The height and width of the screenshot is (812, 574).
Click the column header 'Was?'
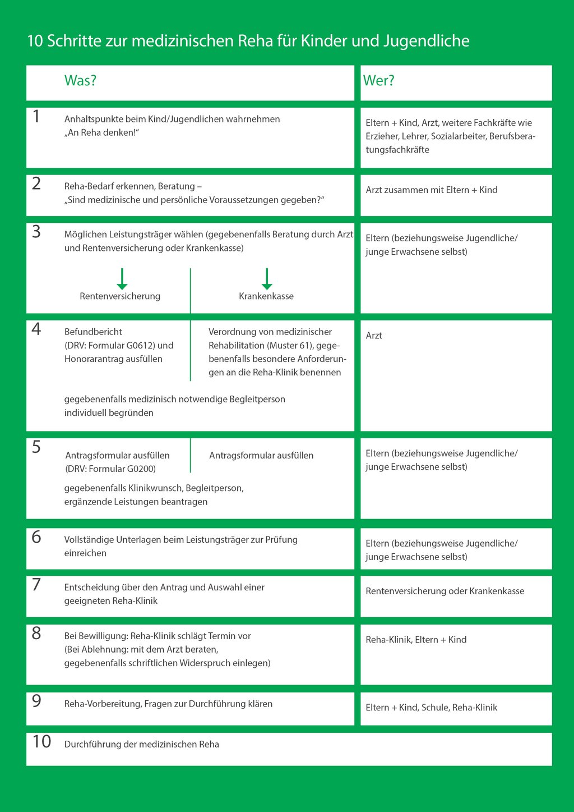pos(80,81)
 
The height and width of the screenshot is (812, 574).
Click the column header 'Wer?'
pos(379,81)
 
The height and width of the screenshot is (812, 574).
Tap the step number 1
pos(36,117)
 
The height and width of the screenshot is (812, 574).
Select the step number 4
pos(36,329)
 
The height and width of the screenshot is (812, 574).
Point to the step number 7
pos(36,585)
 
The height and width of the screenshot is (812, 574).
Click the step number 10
pos(41,742)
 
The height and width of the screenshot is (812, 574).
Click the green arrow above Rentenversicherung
pos(122,279)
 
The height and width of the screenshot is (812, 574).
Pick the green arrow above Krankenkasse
pos(267,279)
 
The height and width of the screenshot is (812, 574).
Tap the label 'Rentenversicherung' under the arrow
pos(120,296)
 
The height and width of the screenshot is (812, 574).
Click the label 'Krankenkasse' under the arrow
pos(266,296)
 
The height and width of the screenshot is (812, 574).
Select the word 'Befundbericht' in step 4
pos(93,332)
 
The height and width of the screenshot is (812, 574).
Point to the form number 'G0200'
pos(141,469)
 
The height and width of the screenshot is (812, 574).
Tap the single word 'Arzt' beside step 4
pos(374,336)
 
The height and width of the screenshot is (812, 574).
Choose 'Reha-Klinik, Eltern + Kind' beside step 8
pos(416,640)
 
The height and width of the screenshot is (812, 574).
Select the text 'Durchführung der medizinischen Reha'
pos(142,745)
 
